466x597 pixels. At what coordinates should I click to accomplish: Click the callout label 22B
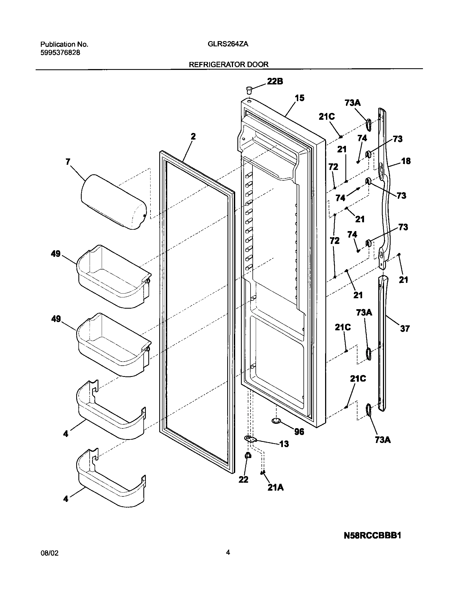275,81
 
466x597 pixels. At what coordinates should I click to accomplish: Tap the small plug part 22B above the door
249,90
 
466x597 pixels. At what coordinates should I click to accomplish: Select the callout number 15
300,98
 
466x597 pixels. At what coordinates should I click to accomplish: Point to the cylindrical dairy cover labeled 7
113,201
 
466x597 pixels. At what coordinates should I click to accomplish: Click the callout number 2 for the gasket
193,137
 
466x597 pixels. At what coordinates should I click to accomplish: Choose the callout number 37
405,328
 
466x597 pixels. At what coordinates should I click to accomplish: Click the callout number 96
299,432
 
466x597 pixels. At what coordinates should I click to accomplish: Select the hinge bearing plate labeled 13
250,439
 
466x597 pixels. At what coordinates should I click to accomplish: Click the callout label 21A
275,488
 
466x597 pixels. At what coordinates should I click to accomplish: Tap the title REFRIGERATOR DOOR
229,64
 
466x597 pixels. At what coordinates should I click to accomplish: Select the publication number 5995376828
60,53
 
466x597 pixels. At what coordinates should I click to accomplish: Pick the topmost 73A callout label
352,103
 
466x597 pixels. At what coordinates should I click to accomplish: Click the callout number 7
68,162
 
